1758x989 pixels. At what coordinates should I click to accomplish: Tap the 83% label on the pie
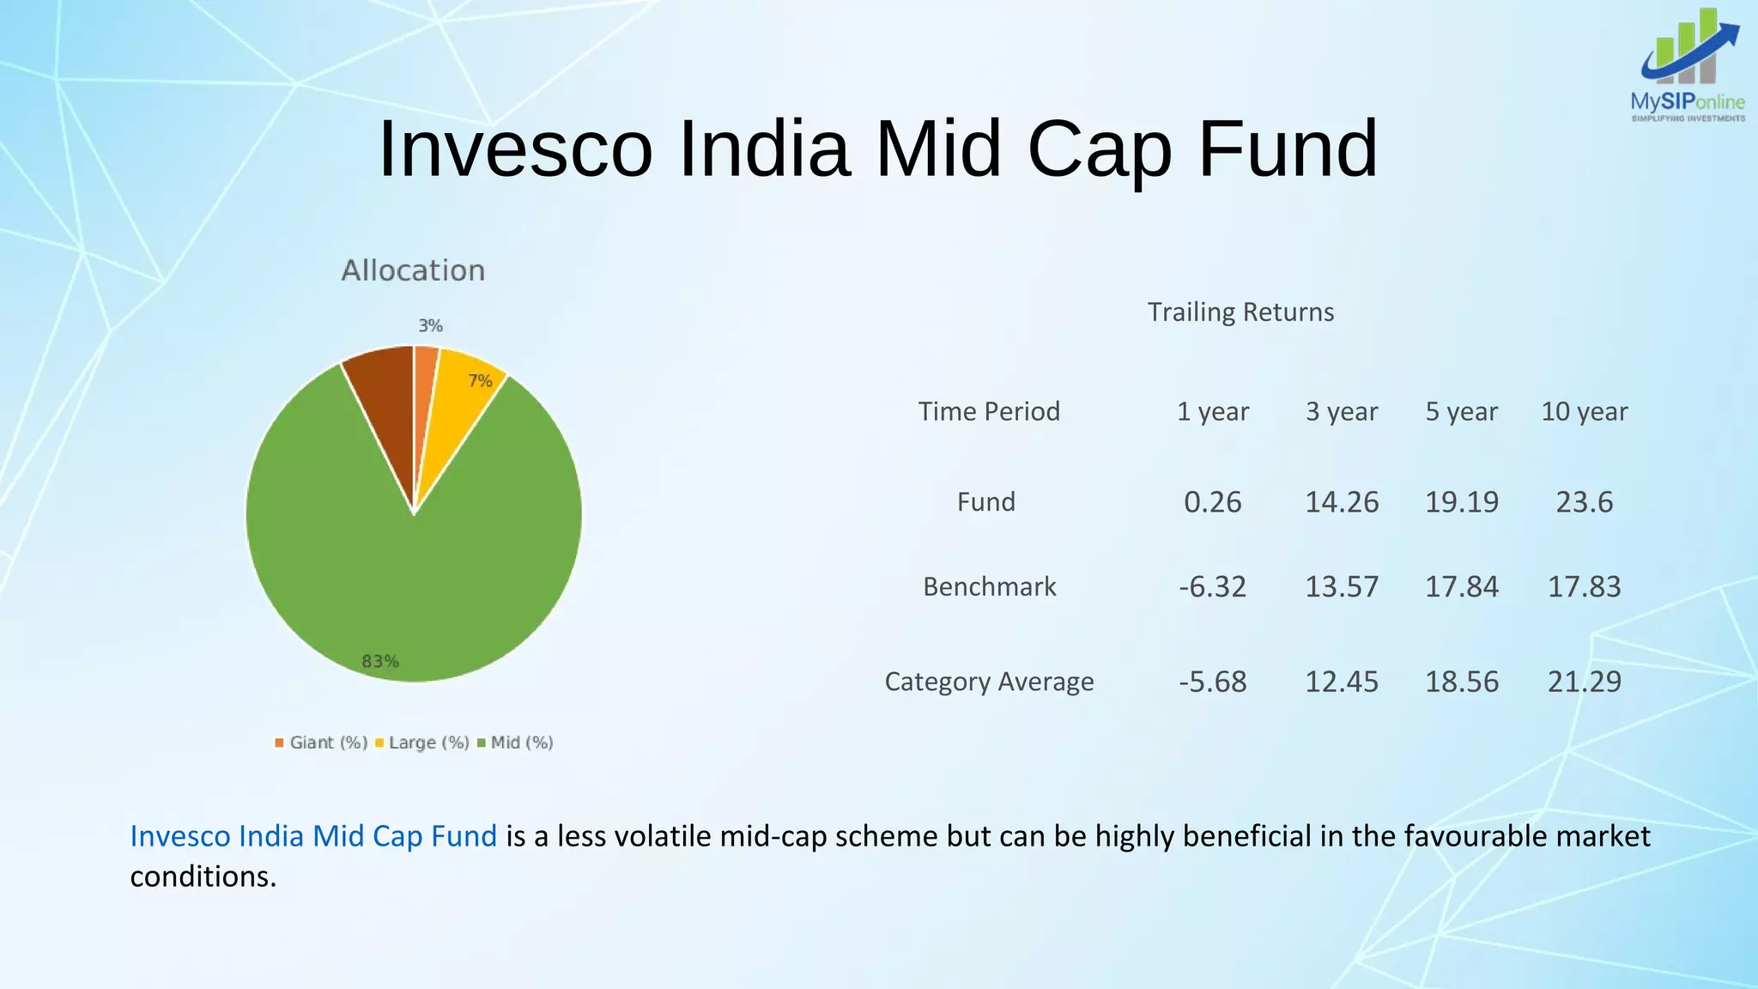point(380,661)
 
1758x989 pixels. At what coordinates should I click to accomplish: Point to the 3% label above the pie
point(430,325)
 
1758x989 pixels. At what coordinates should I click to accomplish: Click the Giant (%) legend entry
point(321,743)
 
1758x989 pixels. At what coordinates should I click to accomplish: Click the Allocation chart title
point(413,270)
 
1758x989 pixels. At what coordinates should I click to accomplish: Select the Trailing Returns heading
point(1240,312)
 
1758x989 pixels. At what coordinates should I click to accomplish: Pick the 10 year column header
point(1584,411)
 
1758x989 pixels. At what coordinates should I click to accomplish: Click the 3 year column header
point(1342,411)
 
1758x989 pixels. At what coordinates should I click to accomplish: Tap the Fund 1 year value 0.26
point(1212,501)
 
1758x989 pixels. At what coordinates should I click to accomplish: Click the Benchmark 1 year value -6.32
point(1212,586)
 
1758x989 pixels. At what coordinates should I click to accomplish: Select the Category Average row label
point(989,682)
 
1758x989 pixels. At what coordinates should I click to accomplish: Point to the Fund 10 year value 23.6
point(1584,501)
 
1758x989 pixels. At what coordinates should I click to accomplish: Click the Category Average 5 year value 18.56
point(1462,682)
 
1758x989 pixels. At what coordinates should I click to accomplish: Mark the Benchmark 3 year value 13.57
point(1342,586)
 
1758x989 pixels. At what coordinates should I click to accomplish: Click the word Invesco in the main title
point(515,149)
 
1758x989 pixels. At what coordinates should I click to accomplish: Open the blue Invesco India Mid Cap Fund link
point(313,836)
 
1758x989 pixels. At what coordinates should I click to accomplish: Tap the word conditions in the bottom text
point(203,877)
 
